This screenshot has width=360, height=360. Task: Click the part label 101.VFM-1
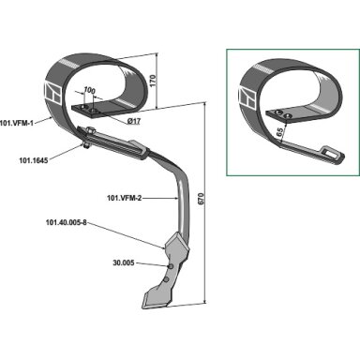pyautogui.click(x=17, y=123)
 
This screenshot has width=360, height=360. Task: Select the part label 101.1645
pyautogui.click(x=34, y=160)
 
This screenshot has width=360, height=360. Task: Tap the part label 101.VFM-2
pyautogui.click(x=124, y=198)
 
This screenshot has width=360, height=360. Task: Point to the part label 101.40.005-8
pyautogui.click(x=66, y=223)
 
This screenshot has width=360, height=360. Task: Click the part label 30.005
pyautogui.click(x=124, y=262)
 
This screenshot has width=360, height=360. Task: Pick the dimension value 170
pyautogui.click(x=154, y=82)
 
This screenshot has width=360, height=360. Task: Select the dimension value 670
pyautogui.click(x=201, y=200)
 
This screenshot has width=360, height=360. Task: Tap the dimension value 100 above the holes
pyautogui.click(x=89, y=90)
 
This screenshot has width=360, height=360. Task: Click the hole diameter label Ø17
pyautogui.click(x=134, y=121)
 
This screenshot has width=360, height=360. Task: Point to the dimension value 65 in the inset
pyautogui.click(x=280, y=130)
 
